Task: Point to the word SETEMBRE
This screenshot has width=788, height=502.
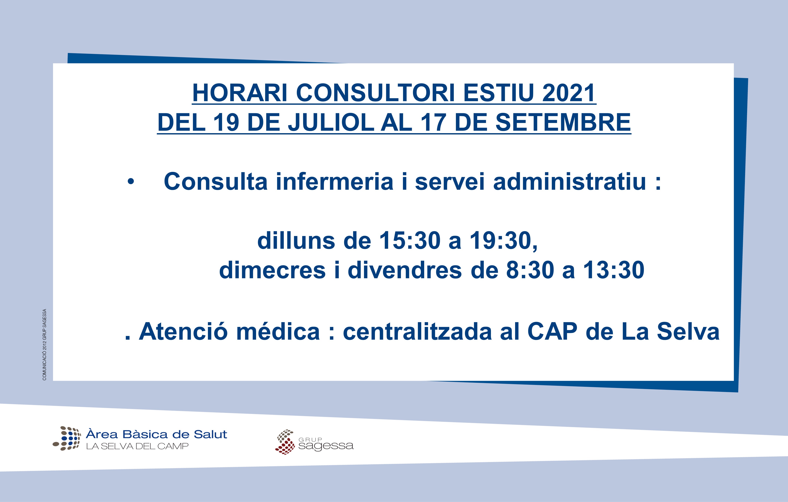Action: click(563, 122)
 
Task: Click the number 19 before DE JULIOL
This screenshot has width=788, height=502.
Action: click(226, 122)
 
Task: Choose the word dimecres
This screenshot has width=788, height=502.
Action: click(272, 270)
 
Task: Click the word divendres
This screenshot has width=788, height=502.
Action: click(405, 270)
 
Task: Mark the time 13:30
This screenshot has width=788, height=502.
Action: click(614, 270)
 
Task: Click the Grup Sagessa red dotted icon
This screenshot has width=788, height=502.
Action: click(285, 442)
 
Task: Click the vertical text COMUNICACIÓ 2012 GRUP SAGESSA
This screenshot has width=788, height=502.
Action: click(44, 345)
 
